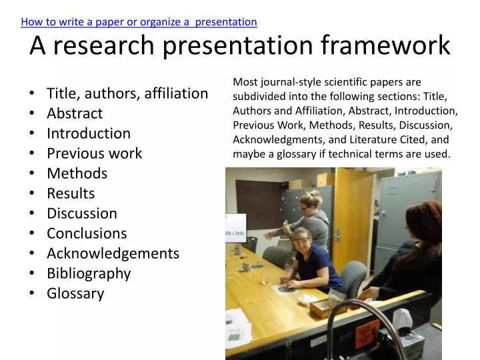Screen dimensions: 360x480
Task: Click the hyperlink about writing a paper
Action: pyautogui.click(x=139, y=21)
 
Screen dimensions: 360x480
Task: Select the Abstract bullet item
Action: pyautogui.click(x=75, y=113)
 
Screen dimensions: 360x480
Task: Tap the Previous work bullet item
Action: pyautogui.click(x=94, y=153)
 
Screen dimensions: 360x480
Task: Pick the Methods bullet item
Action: pyautogui.click(x=77, y=173)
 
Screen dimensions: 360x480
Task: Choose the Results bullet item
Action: pyautogui.click(x=71, y=193)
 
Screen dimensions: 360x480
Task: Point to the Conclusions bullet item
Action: pyautogui.click(x=87, y=233)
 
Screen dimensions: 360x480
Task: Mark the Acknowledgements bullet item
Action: pyautogui.click(x=113, y=253)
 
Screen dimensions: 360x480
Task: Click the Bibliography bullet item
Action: pyautogui.click(x=89, y=273)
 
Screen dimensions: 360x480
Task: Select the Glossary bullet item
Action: pyautogui.click(x=75, y=293)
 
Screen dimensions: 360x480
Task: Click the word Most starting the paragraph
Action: pyautogui.click(x=245, y=82)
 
